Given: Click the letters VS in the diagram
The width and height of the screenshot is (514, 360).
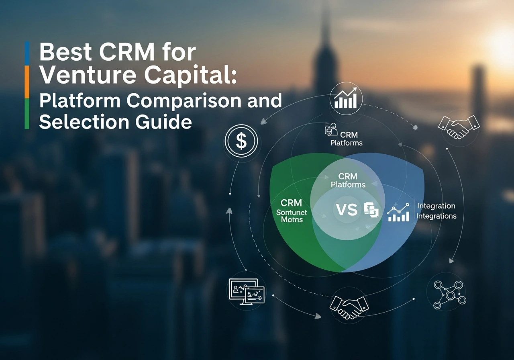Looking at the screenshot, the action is (346, 209).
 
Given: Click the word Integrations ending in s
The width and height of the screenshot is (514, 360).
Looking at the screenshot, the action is (436, 216).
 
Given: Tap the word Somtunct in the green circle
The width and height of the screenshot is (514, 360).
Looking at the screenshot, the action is (292, 212).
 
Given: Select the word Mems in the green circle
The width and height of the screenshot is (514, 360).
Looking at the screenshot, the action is (292, 220).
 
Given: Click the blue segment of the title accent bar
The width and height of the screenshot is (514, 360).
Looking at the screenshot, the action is (27, 53).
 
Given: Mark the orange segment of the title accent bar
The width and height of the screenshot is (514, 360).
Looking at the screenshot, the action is (27, 82).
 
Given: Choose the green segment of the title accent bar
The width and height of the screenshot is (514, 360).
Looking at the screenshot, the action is (27, 114).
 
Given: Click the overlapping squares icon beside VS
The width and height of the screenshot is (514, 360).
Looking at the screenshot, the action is (371, 210).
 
